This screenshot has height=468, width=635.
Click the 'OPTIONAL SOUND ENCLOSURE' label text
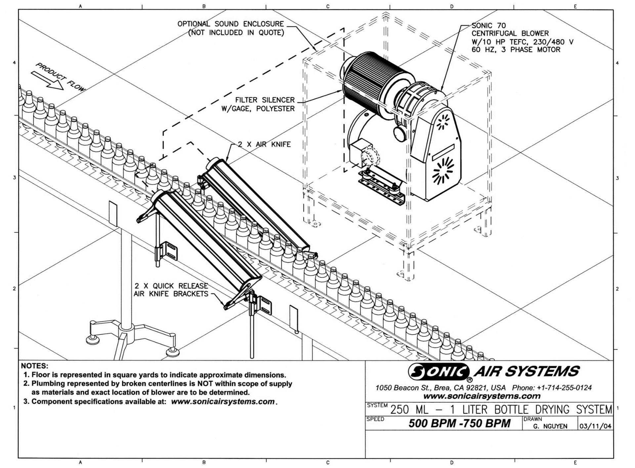(x=231, y=24)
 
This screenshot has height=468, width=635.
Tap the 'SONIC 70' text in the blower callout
(x=488, y=25)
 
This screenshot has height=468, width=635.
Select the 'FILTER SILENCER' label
(x=265, y=100)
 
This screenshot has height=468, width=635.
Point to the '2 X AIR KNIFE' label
(x=264, y=144)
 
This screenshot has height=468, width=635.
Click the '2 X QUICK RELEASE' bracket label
(x=171, y=286)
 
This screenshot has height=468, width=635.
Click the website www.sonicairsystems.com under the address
(x=482, y=396)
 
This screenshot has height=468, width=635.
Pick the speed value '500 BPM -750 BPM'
(x=459, y=423)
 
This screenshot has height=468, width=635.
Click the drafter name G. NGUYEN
(x=550, y=426)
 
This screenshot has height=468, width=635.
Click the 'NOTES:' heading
(x=34, y=366)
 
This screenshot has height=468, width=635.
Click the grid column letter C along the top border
(x=328, y=6)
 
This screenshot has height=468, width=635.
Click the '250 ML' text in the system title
(x=409, y=410)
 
